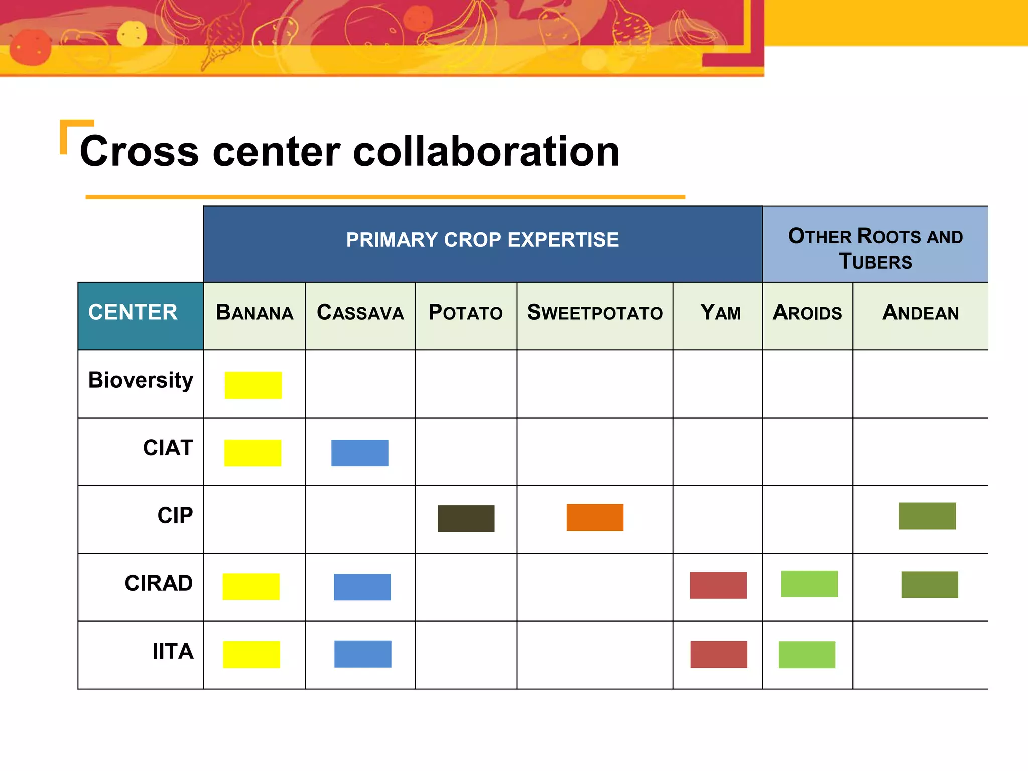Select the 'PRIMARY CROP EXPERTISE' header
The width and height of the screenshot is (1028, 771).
(482, 240)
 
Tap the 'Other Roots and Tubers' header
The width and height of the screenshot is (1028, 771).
(875, 248)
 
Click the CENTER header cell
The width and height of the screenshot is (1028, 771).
(133, 312)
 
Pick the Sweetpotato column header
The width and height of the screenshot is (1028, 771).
(594, 313)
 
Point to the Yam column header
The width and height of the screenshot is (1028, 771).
(720, 313)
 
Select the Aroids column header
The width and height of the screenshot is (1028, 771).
(807, 313)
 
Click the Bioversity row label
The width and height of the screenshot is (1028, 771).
(141, 380)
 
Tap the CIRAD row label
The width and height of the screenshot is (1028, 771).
(159, 583)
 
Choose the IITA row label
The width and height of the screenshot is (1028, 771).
(173, 652)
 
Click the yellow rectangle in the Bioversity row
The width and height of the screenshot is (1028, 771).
(253, 385)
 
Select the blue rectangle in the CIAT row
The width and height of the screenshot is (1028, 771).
(359, 453)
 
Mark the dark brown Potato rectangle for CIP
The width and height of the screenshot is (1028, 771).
(466, 519)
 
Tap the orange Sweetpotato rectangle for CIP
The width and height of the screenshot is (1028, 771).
(595, 517)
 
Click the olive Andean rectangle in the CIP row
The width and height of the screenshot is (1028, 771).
(927, 516)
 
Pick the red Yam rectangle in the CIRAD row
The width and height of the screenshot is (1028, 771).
(718, 585)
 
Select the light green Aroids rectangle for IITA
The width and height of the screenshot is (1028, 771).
(807, 655)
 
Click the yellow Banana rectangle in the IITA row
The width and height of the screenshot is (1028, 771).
(251, 655)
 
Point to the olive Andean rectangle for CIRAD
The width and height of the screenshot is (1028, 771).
(929, 584)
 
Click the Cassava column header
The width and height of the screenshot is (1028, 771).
(360, 313)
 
